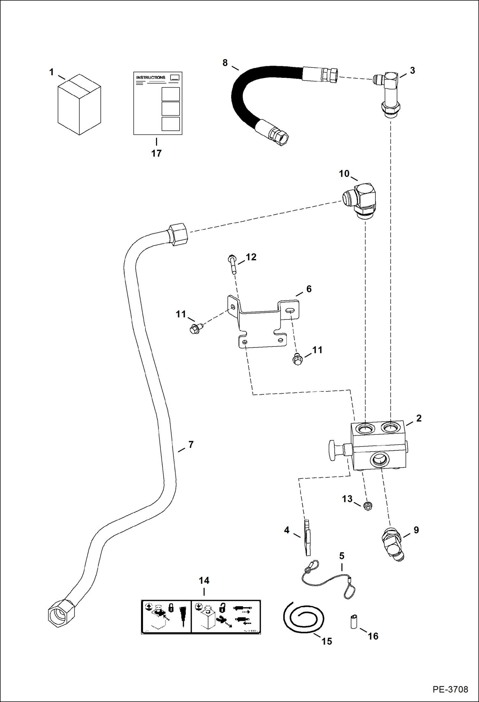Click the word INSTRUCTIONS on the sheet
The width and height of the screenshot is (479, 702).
(151, 77)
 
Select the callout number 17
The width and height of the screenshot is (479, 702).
(156, 153)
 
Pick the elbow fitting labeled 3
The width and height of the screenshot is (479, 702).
(390, 93)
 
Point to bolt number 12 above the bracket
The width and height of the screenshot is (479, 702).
(232, 264)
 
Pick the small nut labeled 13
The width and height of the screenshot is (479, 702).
(368, 506)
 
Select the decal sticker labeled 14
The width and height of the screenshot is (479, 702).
(201, 617)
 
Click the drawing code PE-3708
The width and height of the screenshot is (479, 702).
(450, 690)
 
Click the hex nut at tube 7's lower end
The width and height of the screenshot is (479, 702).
(61, 613)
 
